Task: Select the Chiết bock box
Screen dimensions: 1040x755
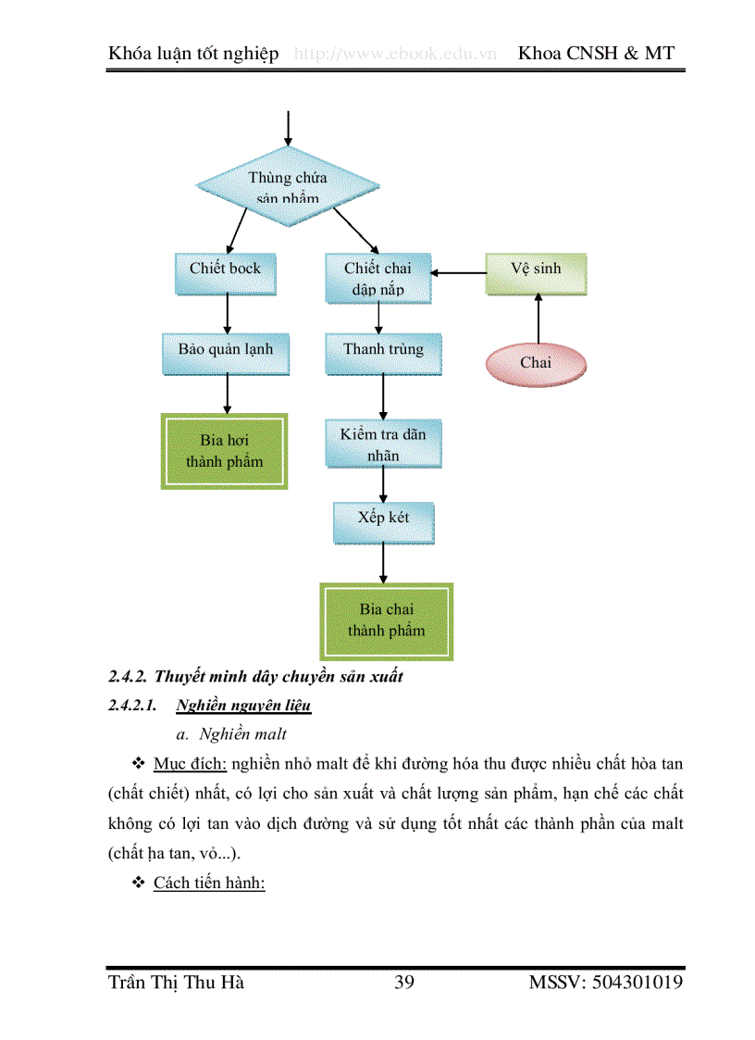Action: coord(226,269)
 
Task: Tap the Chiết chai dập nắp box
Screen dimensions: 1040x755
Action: coord(378,278)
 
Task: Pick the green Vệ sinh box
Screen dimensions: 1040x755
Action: coord(536,270)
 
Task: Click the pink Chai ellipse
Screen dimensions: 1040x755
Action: coord(535,362)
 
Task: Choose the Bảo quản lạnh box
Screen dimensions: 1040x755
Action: coord(226,351)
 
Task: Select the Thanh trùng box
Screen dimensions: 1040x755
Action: coord(383,351)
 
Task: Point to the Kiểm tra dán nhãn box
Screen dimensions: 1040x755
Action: coord(383,445)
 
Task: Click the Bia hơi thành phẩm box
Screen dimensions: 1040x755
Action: coord(225,451)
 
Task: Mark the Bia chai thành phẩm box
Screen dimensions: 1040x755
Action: coord(386,620)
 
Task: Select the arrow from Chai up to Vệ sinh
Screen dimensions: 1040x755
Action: coord(536,318)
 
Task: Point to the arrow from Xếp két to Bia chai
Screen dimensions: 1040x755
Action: coord(383,563)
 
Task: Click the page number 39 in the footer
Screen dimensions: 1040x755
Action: coord(403,983)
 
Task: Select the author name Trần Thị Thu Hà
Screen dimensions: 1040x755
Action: coord(176,983)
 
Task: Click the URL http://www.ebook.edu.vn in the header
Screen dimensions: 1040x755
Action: coord(396,54)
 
